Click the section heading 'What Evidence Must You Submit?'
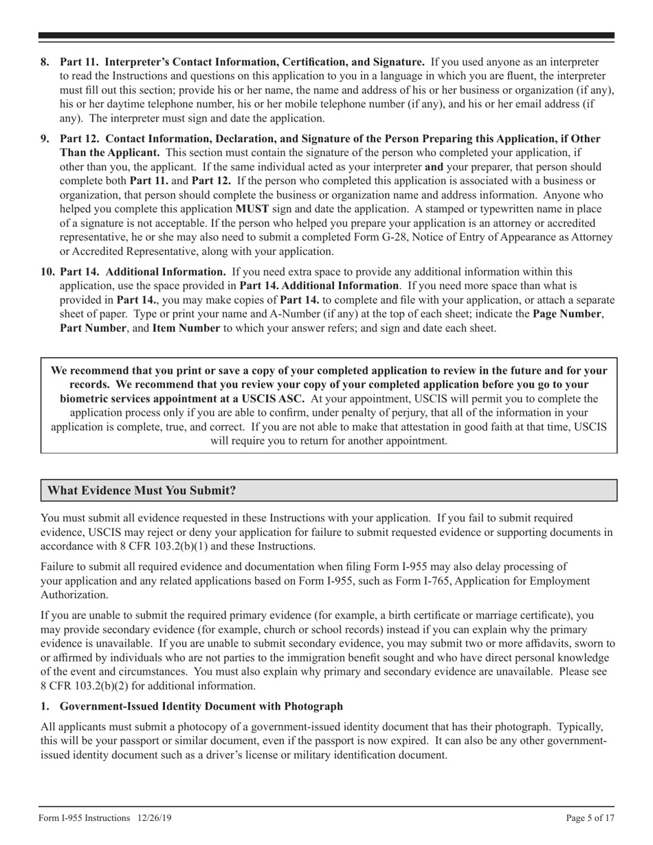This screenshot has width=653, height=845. click(142, 491)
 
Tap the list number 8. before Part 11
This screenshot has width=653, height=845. click(45, 62)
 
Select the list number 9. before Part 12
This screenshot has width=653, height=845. click(45, 138)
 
